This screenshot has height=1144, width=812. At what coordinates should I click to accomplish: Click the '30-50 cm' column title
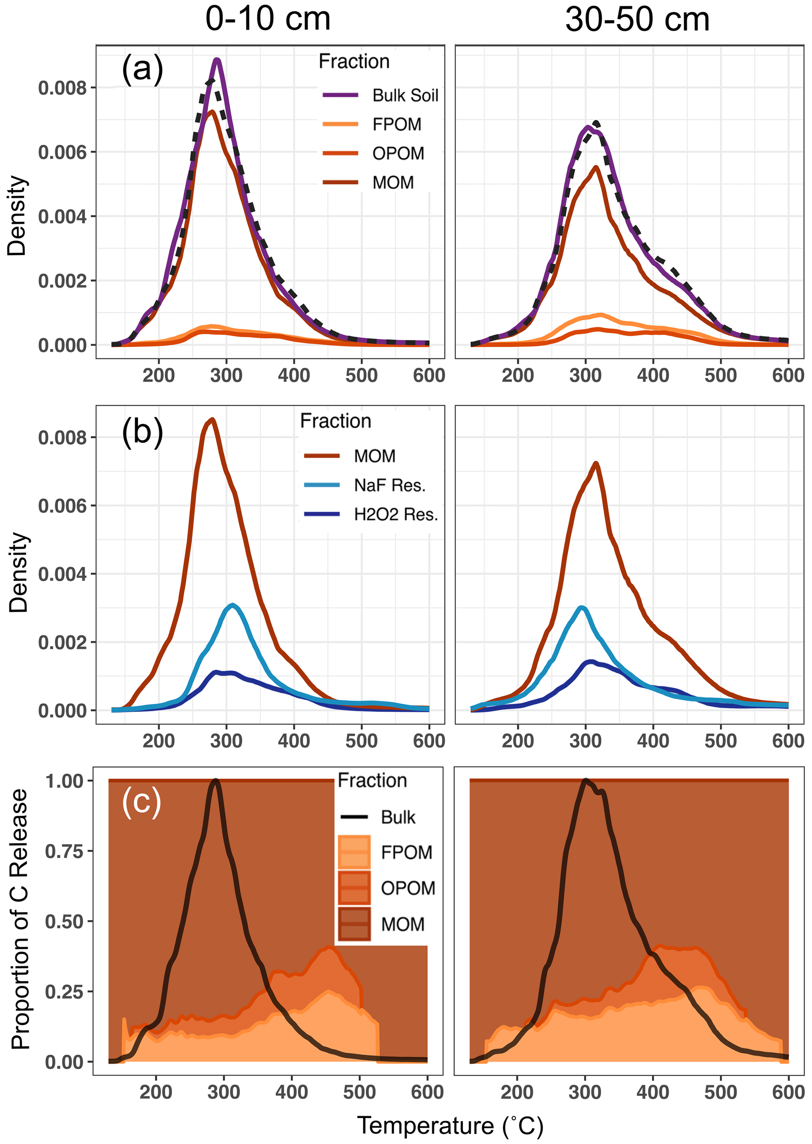637,20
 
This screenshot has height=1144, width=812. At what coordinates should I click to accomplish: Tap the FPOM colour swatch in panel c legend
354,852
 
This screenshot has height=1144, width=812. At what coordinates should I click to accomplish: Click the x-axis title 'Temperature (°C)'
450,1126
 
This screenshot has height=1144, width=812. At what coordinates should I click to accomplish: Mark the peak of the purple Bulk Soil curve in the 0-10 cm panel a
217,60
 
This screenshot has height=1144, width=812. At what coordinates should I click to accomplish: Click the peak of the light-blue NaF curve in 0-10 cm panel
232,605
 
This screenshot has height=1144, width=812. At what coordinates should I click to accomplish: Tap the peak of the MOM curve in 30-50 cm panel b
596,463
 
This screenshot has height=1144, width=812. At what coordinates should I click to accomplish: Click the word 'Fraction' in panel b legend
335,421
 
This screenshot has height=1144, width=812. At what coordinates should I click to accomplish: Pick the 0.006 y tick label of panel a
62,152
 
